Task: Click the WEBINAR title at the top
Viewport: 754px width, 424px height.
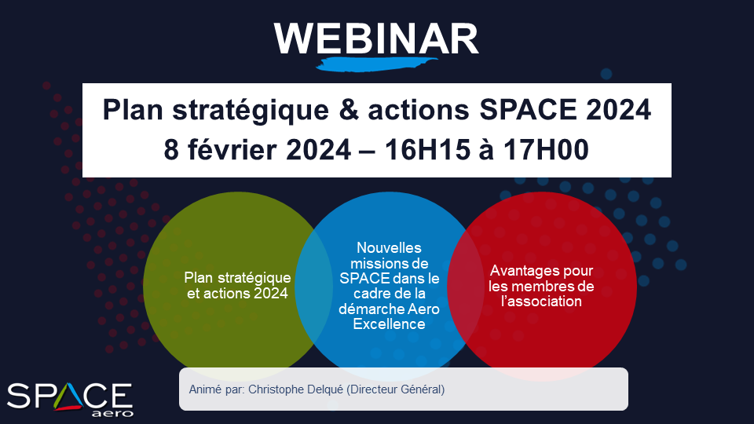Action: [x=376, y=38]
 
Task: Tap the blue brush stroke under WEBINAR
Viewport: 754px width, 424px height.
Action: [x=376, y=64]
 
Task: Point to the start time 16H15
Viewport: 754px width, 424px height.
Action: [x=427, y=149]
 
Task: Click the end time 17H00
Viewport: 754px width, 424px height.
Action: [x=547, y=149]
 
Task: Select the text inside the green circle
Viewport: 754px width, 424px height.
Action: [x=237, y=286]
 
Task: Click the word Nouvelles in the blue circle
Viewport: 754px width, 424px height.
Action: [x=389, y=247]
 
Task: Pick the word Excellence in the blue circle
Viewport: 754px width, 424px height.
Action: [x=389, y=324]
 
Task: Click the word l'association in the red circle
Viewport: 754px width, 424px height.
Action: [x=541, y=302]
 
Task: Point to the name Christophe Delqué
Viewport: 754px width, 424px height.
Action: [x=295, y=389]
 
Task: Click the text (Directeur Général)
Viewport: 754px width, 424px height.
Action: [x=395, y=389]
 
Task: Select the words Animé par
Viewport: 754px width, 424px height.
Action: [x=217, y=389]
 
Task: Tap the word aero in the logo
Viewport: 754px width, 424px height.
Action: [x=112, y=414]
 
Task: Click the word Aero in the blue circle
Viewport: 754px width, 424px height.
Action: [x=423, y=309]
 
